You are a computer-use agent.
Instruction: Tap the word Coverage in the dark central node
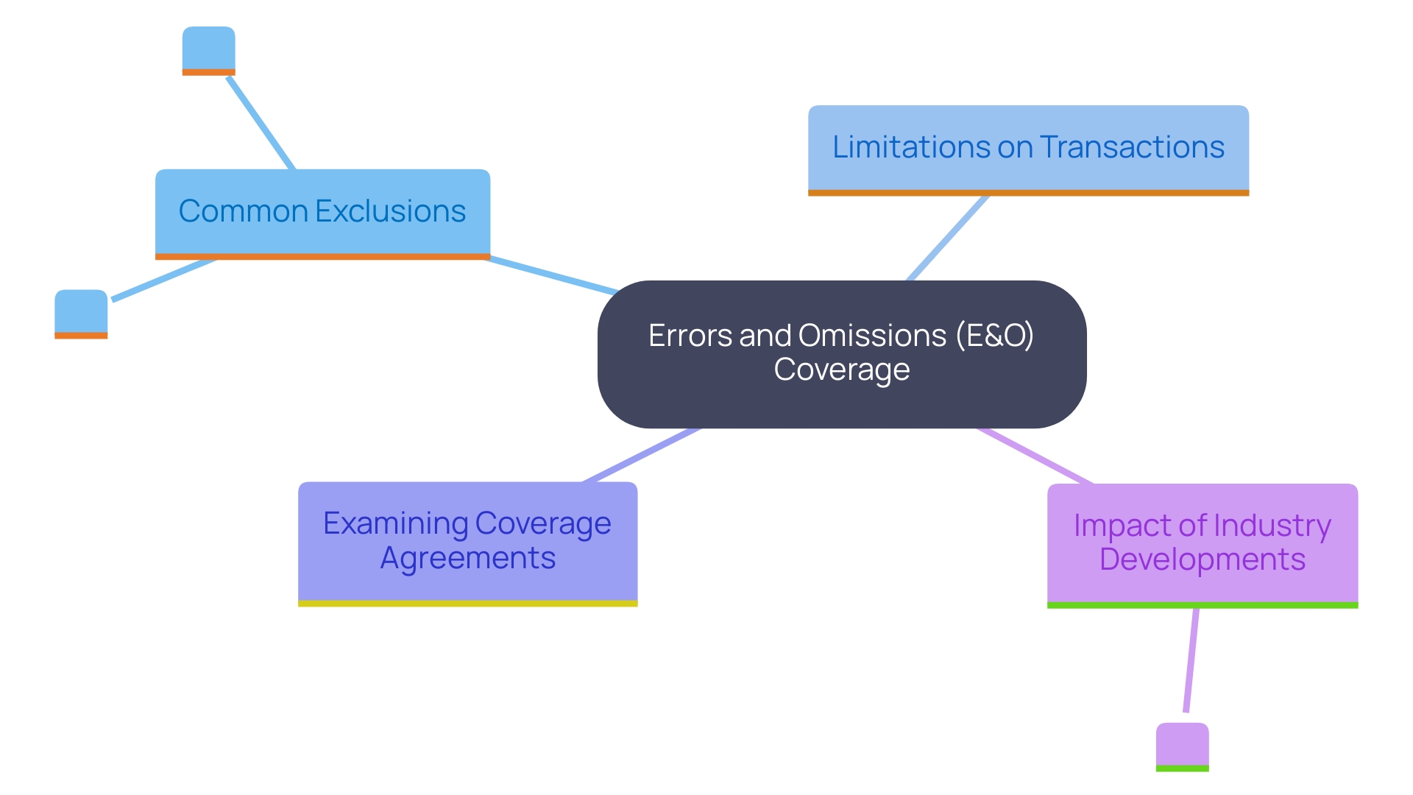841,370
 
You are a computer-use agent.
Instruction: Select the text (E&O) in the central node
995,336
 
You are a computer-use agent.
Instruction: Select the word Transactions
1132,147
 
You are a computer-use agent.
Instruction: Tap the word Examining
395,523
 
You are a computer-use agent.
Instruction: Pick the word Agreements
467,558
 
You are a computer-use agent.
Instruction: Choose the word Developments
1202,559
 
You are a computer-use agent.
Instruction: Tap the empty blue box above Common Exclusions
209,49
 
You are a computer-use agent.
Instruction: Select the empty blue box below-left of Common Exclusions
81,312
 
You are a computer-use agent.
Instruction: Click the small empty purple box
1182,745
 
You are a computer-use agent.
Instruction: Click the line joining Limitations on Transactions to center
947,238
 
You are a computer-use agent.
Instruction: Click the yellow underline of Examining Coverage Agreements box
467,604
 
